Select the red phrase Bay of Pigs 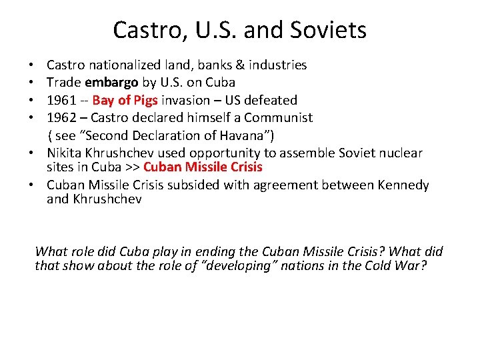click(125, 101)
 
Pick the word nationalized click(122, 65)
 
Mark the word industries click(276, 65)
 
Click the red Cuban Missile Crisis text click(203, 167)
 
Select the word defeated click(272, 101)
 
